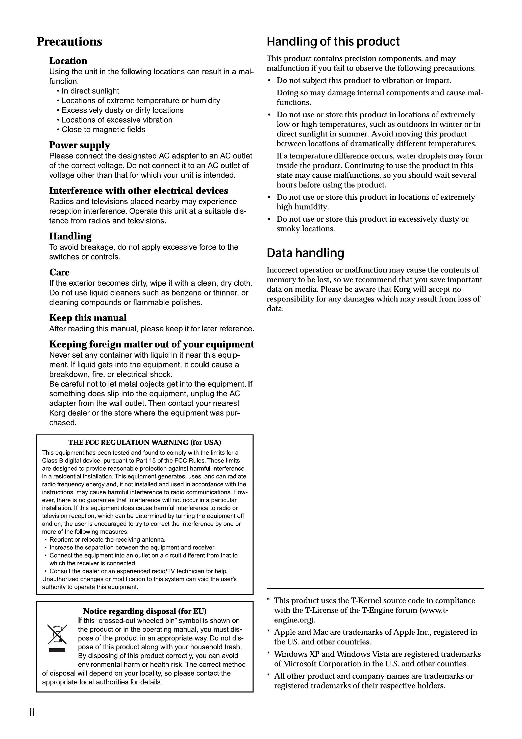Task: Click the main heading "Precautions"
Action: pyautogui.click(x=69, y=41)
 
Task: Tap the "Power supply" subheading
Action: pyautogui.click(x=80, y=145)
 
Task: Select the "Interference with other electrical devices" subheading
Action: pyautogui.click(x=139, y=191)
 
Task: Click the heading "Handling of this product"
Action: pyautogui.click(x=333, y=41)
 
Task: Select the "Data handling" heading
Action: pyautogui.click(x=305, y=253)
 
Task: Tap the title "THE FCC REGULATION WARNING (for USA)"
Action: pyautogui.click(x=145, y=442)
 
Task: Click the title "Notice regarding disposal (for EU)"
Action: pyautogui.click(x=145, y=611)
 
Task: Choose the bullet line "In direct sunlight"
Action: pyautogui.click(x=90, y=91)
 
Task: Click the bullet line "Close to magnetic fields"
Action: pyautogui.click(x=103, y=130)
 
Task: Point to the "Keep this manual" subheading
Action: pyautogui.click(x=88, y=318)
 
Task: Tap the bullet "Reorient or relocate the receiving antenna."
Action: pyautogui.click(x=107, y=539)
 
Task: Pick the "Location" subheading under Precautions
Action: pyautogui.click(x=68, y=61)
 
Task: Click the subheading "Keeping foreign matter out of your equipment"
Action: pyautogui.click(x=152, y=344)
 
